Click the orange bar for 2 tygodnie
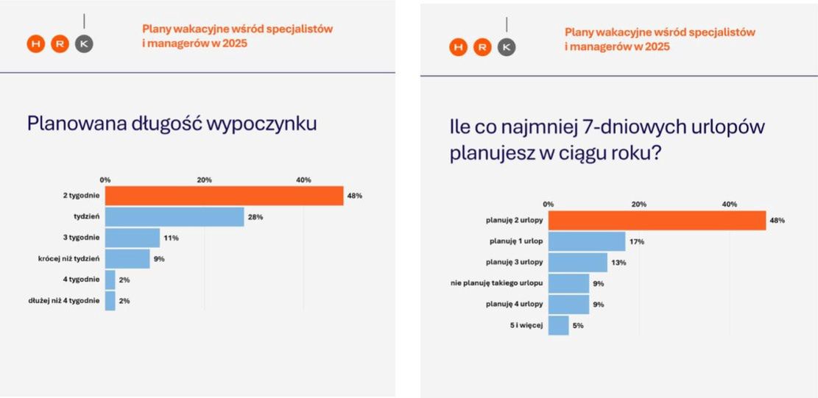tap(224, 196)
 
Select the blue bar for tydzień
tap(174, 216)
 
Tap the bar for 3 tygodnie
tap(133, 238)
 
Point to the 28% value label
tap(255, 217)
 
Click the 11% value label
tap(171, 238)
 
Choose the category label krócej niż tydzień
tap(68, 259)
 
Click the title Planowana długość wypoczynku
tap(172, 123)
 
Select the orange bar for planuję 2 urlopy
tap(657, 220)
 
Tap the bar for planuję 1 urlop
tap(587, 241)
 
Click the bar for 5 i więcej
tap(559, 325)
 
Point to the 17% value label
tap(637, 241)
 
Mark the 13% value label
tap(618, 263)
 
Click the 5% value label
tap(578, 326)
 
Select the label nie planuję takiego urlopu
tap(497, 283)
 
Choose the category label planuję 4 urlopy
tap(515, 304)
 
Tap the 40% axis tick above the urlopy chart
tap(730, 204)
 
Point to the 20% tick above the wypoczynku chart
tap(205, 180)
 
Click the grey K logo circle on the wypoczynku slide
tap(85, 44)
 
